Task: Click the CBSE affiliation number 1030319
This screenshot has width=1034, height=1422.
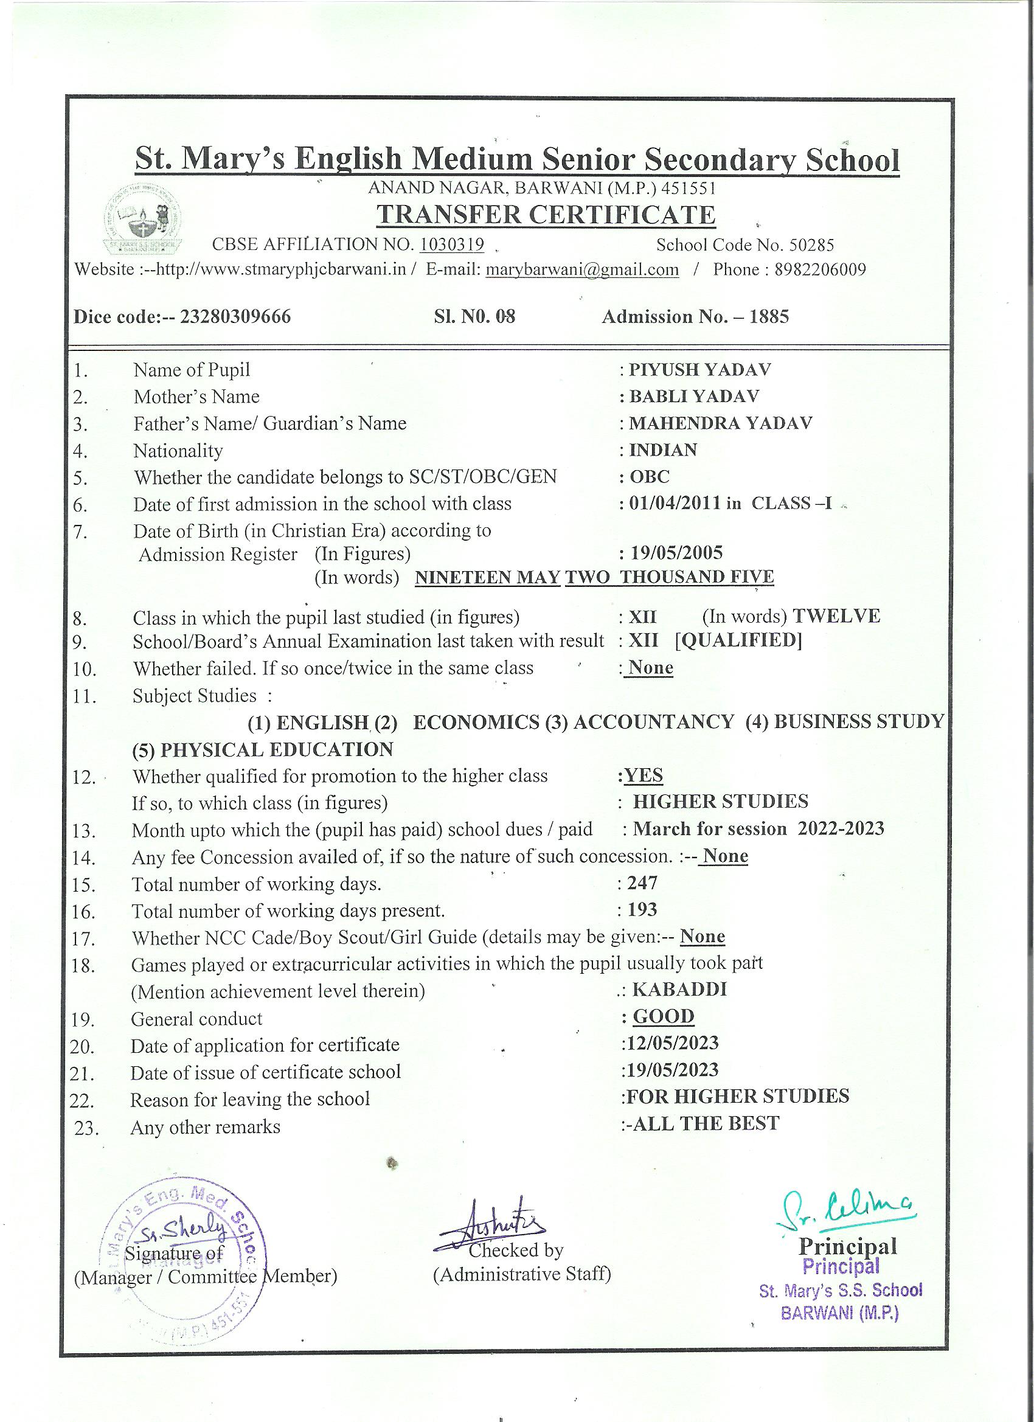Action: coord(451,245)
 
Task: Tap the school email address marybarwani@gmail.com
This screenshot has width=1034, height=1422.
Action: coord(583,269)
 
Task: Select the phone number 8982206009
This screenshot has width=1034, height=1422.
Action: coord(820,269)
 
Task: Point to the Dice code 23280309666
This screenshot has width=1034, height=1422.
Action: coord(235,317)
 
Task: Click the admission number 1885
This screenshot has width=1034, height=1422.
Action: coord(769,317)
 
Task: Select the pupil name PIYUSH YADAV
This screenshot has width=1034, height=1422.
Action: coord(700,369)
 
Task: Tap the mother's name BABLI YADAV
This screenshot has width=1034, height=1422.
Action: coord(694,397)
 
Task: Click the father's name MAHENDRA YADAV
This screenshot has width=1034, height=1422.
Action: coord(721,423)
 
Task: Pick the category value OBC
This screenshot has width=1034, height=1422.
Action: coord(650,477)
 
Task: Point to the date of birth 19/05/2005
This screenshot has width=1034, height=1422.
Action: coord(676,552)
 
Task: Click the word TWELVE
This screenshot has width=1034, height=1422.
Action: coord(836,616)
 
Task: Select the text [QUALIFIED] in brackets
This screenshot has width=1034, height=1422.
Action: coord(738,641)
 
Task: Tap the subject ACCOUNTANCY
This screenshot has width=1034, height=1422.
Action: coord(653,722)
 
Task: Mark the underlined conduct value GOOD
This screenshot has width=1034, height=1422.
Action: coord(664,1016)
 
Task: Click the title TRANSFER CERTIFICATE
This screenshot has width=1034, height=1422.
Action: coord(546,215)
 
